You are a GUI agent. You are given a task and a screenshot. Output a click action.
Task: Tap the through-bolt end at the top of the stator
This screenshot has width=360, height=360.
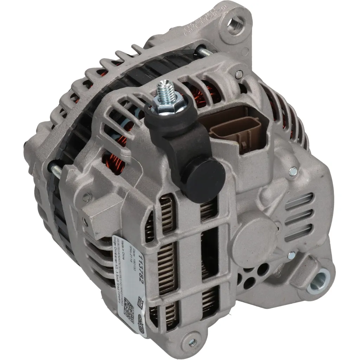(x=205, y=52)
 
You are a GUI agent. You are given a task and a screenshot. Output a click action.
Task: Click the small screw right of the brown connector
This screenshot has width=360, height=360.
(x=293, y=171)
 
